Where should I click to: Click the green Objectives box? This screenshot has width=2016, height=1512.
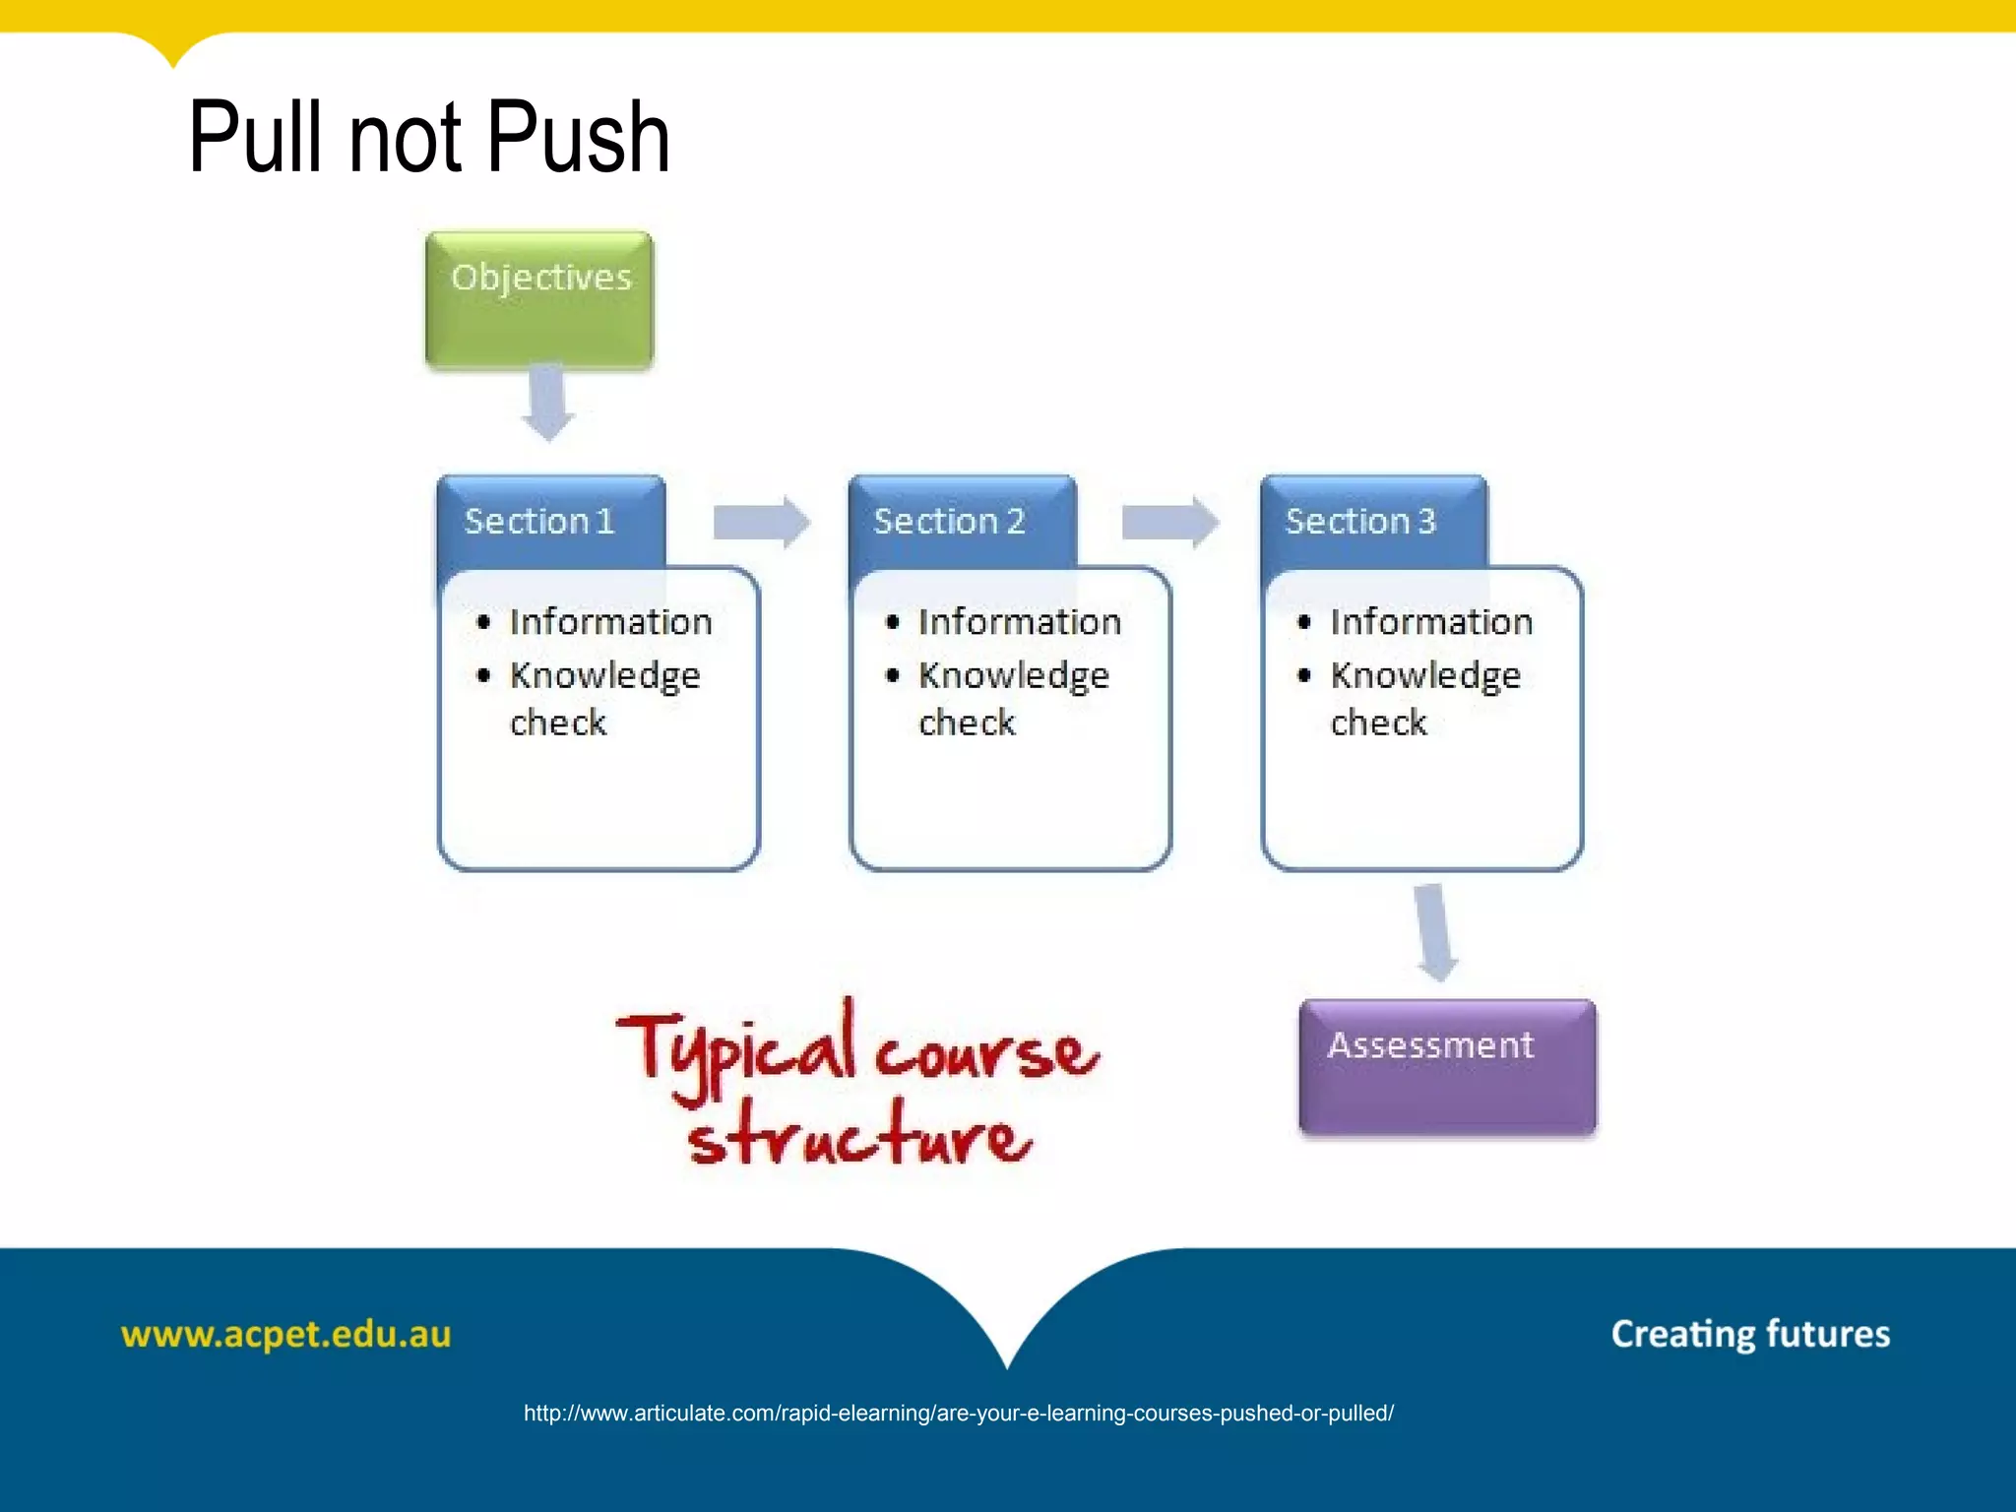(x=539, y=300)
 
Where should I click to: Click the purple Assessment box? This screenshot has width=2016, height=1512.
(x=1447, y=1067)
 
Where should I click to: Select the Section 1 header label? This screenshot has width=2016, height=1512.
(x=539, y=521)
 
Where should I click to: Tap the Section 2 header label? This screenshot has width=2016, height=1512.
(x=949, y=521)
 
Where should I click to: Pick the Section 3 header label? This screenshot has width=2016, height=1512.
(x=1360, y=521)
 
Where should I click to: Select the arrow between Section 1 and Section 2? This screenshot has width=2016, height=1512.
(x=761, y=522)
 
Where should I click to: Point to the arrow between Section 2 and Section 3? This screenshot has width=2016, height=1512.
(x=1170, y=522)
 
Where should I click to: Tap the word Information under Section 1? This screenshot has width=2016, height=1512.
(x=610, y=622)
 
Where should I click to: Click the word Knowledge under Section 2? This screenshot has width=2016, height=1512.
(x=1014, y=676)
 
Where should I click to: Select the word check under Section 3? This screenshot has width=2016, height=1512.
(x=1378, y=724)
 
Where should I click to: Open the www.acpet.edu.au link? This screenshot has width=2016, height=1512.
(x=285, y=1335)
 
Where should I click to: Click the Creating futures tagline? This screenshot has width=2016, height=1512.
(x=1750, y=1335)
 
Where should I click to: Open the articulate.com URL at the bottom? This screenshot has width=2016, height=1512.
(x=959, y=1414)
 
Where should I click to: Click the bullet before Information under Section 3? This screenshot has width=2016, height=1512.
(x=1304, y=622)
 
